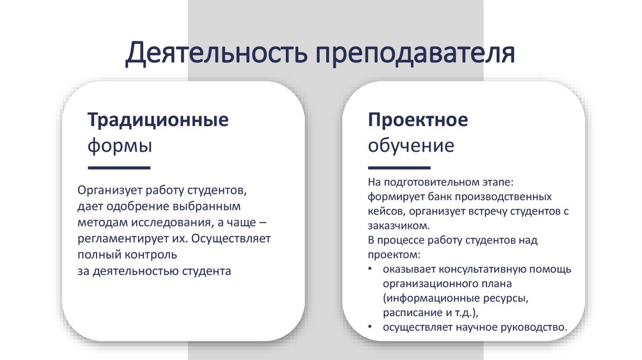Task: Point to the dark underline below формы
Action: pos(119,168)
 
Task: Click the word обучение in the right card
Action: pos(411,146)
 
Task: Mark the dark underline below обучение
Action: pos(399,168)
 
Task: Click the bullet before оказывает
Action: pos(371,270)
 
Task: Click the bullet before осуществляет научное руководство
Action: pos(371,327)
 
